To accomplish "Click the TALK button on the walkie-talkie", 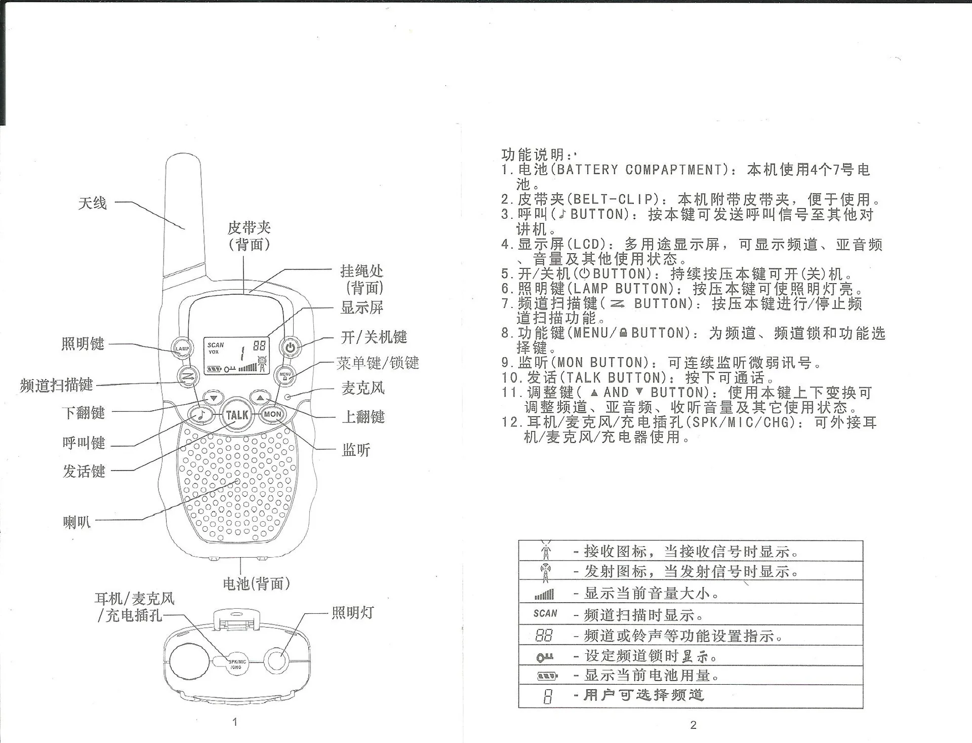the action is pos(237,415).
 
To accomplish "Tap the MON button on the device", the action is pos(273,414).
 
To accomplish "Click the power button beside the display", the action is pos(290,347).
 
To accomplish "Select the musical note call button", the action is pos(201,415).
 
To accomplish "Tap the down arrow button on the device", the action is pos(213,398).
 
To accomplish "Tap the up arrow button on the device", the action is pos(261,398).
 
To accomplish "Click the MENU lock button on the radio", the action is pos(285,375).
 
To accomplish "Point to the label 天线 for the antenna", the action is pos(93,203).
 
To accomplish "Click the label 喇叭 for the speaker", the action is pos(77,522).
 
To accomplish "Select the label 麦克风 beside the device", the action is pos(363,388).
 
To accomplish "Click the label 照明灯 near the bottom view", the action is pos(353,612).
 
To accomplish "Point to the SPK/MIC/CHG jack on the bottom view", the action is pos(236,664).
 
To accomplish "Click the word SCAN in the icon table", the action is pos(545,613).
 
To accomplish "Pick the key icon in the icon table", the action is pos(545,657).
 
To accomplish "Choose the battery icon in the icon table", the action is pos(547,676).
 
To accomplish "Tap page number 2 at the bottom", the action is pos(694,725).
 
